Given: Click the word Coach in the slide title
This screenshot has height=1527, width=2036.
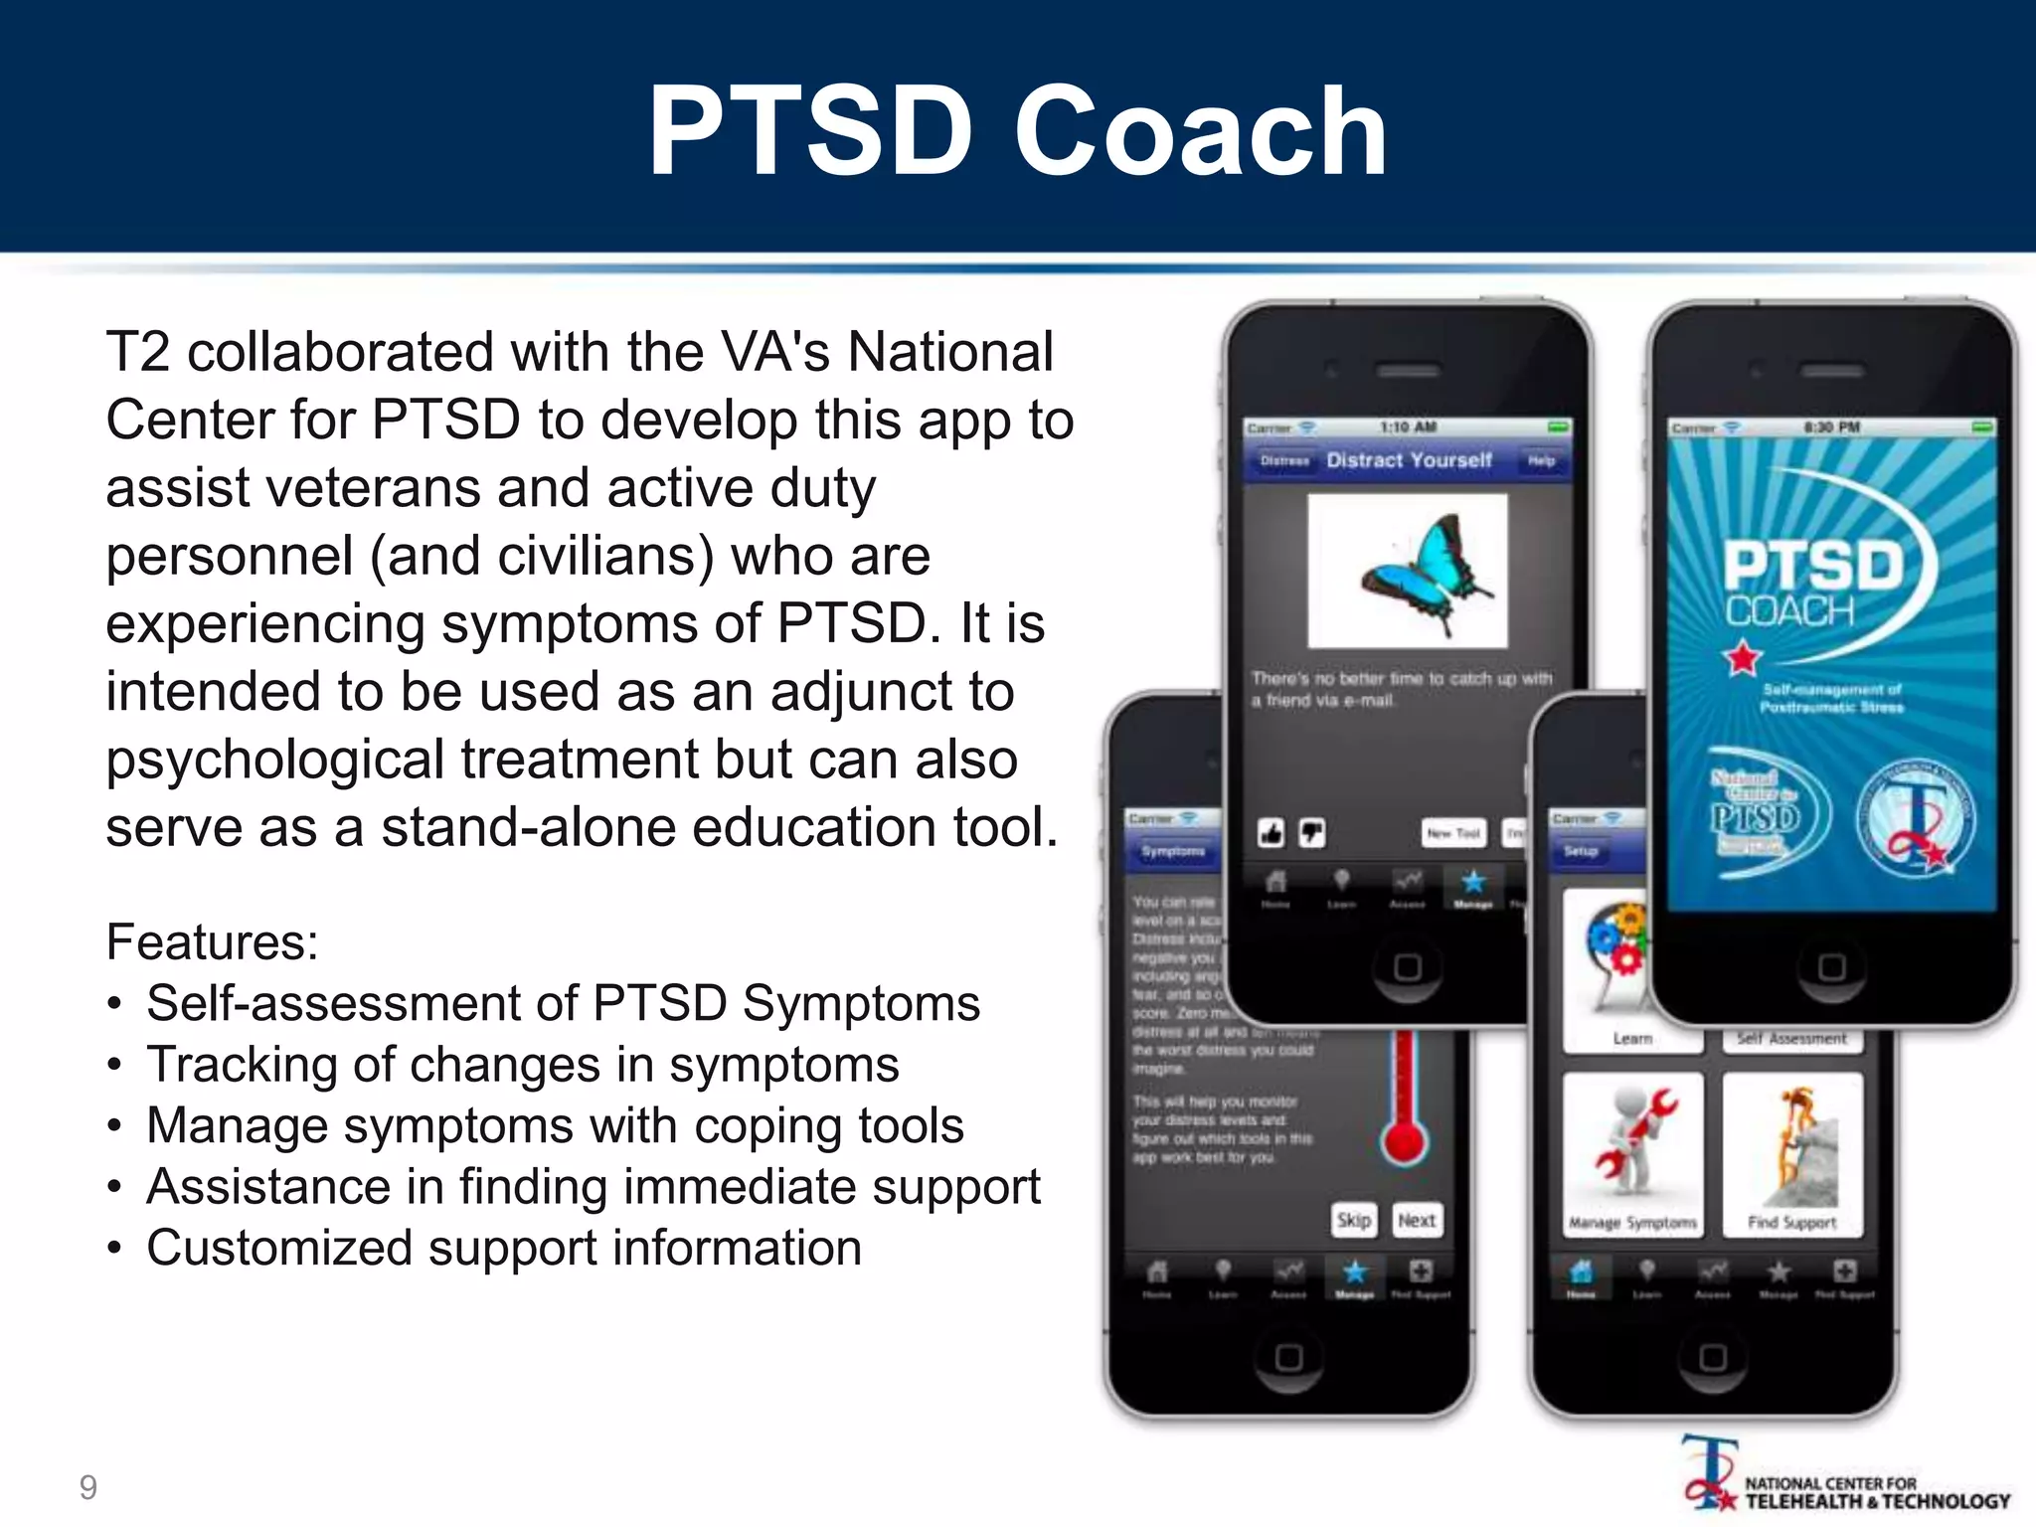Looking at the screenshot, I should [x=1200, y=131].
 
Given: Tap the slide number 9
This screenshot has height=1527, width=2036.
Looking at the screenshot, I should [x=88, y=1487].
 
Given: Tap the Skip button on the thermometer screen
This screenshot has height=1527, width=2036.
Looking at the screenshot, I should [x=1353, y=1220].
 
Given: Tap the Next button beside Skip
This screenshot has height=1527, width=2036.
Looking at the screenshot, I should [x=1416, y=1220].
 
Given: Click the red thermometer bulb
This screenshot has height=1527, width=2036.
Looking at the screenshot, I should [x=1404, y=1141].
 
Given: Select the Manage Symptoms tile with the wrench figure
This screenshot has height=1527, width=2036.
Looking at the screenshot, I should [x=1632, y=1153].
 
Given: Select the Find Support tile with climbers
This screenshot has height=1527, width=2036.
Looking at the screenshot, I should [x=1792, y=1153].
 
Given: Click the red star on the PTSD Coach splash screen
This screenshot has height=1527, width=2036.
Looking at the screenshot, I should [x=1743, y=658].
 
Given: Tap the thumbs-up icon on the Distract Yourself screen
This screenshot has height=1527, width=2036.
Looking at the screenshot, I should [x=1272, y=833].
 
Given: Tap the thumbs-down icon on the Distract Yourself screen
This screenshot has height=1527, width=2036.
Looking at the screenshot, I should [x=1312, y=833].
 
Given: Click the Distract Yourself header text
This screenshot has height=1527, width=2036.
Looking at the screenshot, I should [x=1409, y=460].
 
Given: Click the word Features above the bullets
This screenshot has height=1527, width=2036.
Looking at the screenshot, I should [x=211, y=941].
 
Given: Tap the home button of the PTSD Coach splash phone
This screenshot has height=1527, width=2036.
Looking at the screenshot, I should [x=1831, y=967].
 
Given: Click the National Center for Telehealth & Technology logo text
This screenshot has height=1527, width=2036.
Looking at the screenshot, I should [x=1877, y=1493].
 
